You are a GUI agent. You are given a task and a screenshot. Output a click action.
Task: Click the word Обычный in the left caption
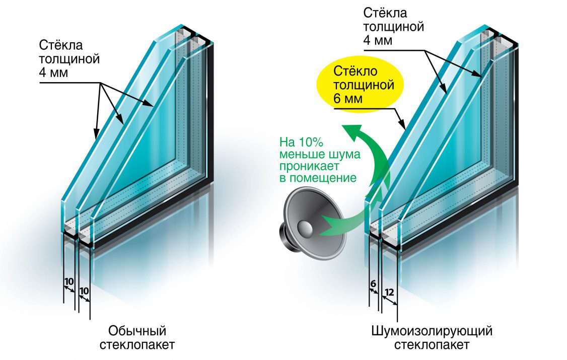click(137, 331)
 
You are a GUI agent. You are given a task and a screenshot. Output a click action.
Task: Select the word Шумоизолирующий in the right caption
click(431, 331)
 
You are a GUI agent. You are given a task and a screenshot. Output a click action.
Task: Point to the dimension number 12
click(389, 292)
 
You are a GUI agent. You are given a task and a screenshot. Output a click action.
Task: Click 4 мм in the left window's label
click(53, 71)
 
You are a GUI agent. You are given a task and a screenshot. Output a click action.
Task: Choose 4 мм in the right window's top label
click(377, 41)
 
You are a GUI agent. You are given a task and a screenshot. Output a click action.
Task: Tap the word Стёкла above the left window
click(56, 45)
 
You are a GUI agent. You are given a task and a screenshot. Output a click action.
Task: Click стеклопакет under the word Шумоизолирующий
click(432, 345)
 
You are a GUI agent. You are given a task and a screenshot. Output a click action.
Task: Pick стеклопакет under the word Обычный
click(137, 345)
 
